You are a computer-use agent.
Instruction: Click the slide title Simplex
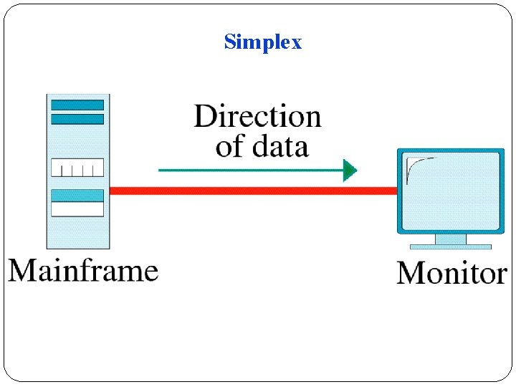click(263, 42)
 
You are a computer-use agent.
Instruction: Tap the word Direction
click(257, 116)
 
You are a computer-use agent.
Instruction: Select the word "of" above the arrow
click(229, 146)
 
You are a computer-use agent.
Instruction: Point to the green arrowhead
click(350, 170)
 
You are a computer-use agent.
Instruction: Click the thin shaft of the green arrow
click(251, 170)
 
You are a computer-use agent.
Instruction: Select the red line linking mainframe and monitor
click(251, 191)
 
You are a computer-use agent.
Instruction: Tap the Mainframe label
click(83, 271)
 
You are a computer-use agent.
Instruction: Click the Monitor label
click(451, 273)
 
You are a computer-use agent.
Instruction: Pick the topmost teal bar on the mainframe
click(77, 105)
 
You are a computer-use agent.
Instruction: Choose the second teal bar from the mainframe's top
click(77, 119)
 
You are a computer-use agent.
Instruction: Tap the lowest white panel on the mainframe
click(77, 209)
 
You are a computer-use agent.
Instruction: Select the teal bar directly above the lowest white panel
click(77, 195)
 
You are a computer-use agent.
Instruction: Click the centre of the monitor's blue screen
click(450, 191)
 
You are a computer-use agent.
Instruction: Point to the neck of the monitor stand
click(450, 239)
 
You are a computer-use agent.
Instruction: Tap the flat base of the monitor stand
click(450, 247)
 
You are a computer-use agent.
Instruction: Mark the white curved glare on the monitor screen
click(416, 167)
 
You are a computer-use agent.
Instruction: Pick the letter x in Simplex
click(296, 42)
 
